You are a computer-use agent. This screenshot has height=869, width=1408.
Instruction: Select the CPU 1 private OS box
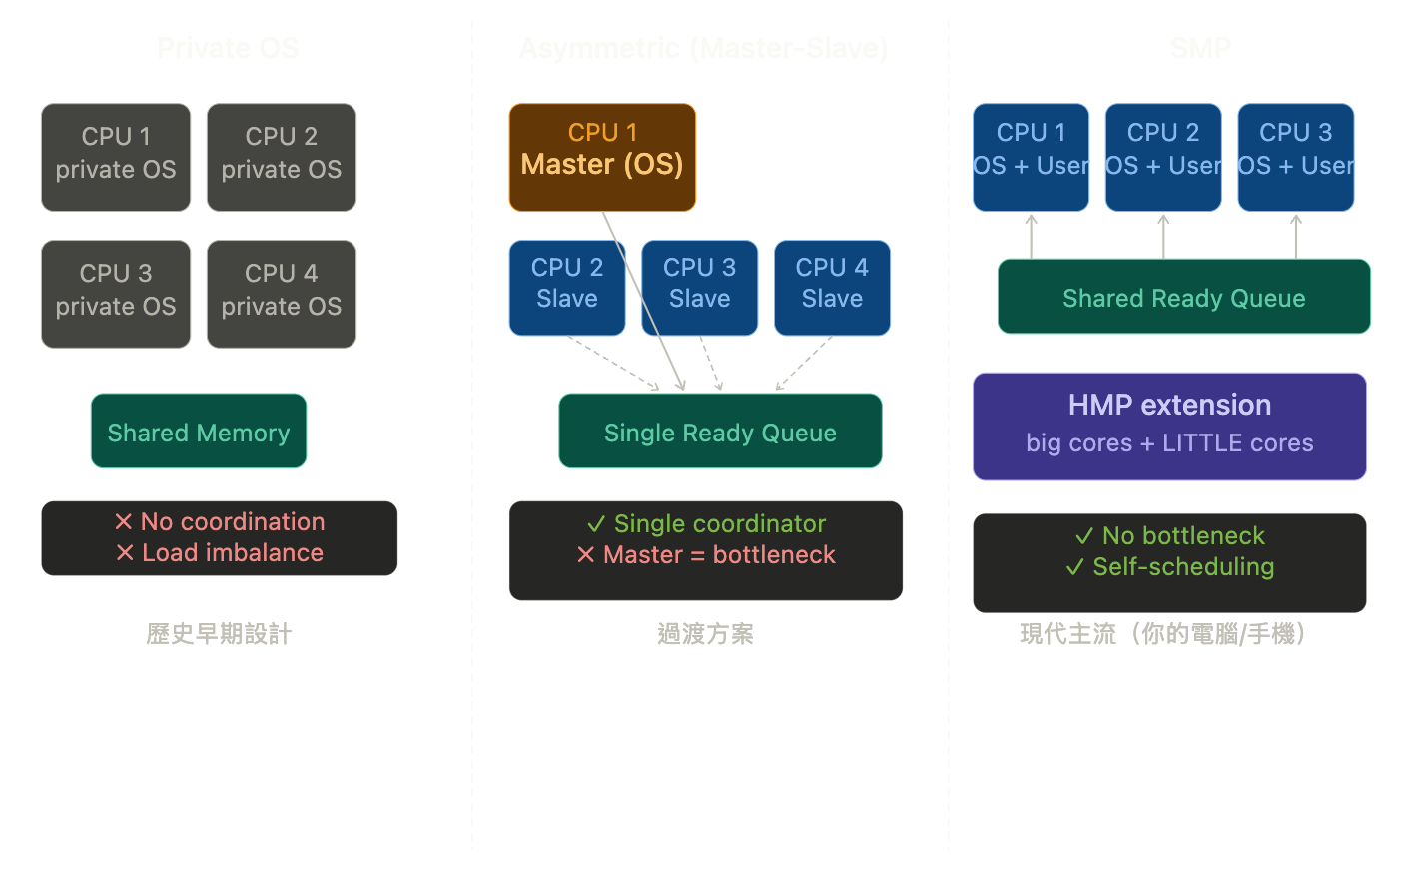click(x=116, y=157)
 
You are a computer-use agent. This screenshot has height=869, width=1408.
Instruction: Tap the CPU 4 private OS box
click(x=282, y=294)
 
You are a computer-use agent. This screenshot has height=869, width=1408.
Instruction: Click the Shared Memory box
click(x=199, y=432)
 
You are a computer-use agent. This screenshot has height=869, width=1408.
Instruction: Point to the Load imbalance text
click(x=232, y=553)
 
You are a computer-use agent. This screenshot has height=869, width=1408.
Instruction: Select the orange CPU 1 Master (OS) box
click(x=602, y=157)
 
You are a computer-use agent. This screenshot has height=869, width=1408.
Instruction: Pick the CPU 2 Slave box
click(x=566, y=288)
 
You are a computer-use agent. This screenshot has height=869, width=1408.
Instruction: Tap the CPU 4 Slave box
click(x=832, y=288)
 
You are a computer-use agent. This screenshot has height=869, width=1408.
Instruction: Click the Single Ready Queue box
click(x=720, y=432)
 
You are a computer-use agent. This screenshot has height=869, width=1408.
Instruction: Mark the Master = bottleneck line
click(x=718, y=555)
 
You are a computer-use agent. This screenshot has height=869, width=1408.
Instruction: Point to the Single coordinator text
click(x=719, y=524)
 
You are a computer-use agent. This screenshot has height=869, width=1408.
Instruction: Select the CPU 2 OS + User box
click(x=1163, y=157)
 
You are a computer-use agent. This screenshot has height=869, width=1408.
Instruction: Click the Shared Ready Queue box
click(x=1183, y=297)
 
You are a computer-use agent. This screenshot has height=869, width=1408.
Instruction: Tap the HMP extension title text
click(x=1169, y=405)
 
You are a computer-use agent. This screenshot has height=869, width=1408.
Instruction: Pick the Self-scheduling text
click(x=1183, y=567)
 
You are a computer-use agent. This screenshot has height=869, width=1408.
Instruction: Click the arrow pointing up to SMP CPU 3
click(x=1296, y=236)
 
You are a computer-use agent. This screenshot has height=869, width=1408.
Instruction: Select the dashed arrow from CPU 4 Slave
click(x=805, y=363)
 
